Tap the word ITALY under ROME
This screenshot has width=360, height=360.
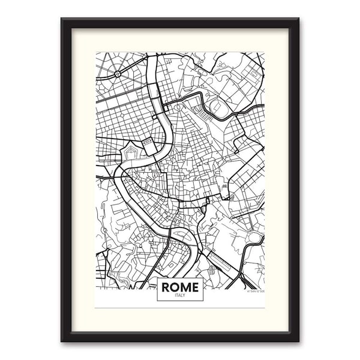tap(180, 296)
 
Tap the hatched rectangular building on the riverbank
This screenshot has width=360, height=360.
tap(148, 142)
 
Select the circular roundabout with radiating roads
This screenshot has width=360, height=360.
tap(117, 73)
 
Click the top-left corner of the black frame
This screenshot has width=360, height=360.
tap(62, 19)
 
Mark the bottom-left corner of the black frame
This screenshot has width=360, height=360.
tap(62, 340)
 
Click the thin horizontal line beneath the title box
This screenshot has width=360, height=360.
tap(180, 307)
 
